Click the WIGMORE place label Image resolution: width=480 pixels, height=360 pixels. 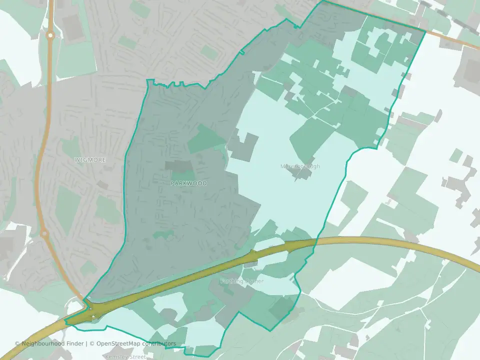pyautogui.click(x=90, y=160)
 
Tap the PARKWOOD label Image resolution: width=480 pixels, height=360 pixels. pyautogui.click(x=189, y=183)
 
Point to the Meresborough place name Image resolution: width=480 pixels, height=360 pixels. pyautogui.click(x=300, y=166)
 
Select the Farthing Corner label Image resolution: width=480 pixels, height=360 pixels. pyautogui.click(x=241, y=281)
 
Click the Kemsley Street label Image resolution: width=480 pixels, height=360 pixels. pyautogui.click(x=125, y=357)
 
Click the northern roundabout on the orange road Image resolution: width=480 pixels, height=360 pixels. pyautogui.click(x=49, y=35)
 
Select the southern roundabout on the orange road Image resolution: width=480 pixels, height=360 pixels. pyautogui.click(x=43, y=233)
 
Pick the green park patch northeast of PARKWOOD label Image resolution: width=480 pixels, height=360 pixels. pyautogui.click(x=206, y=139)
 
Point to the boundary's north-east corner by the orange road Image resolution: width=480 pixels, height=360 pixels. pyautogui.click(x=425, y=32)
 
